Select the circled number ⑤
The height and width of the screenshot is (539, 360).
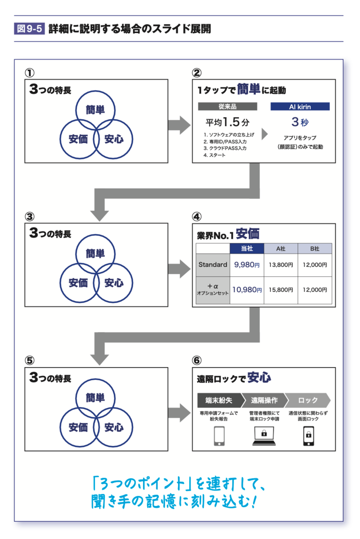pyautogui.click(x=30, y=360)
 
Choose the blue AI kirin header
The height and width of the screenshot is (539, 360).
pyautogui.click(x=300, y=107)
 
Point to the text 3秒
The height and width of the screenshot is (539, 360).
pyautogui.click(x=300, y=120)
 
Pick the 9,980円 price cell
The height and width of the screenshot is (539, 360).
pyautogui.click(x=247, y=264)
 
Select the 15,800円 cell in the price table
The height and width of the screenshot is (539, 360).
pyautogui.click(x=281, y=290)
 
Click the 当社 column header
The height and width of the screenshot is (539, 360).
pyautogui.click(x=247, y=248)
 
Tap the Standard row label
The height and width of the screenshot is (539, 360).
pyautogui.click(x=213, y=264)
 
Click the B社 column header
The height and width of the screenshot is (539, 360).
pyautogui.click(x=314, y=248)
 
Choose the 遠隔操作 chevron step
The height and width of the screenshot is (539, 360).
pyautogui.click(x=264, y=400)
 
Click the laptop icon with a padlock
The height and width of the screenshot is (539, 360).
pyautogui.click(x=264, y=435)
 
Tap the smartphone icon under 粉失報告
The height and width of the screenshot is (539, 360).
pyautogui.click(x=219, y=435)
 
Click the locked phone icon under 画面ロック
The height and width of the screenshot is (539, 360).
pyautogui.click(x=308, y=435)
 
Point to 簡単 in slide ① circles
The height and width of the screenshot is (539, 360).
pyautogui.click(x=96, y=108)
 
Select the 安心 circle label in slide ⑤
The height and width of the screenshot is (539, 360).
pyautogui.click(x=114, y=427)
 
